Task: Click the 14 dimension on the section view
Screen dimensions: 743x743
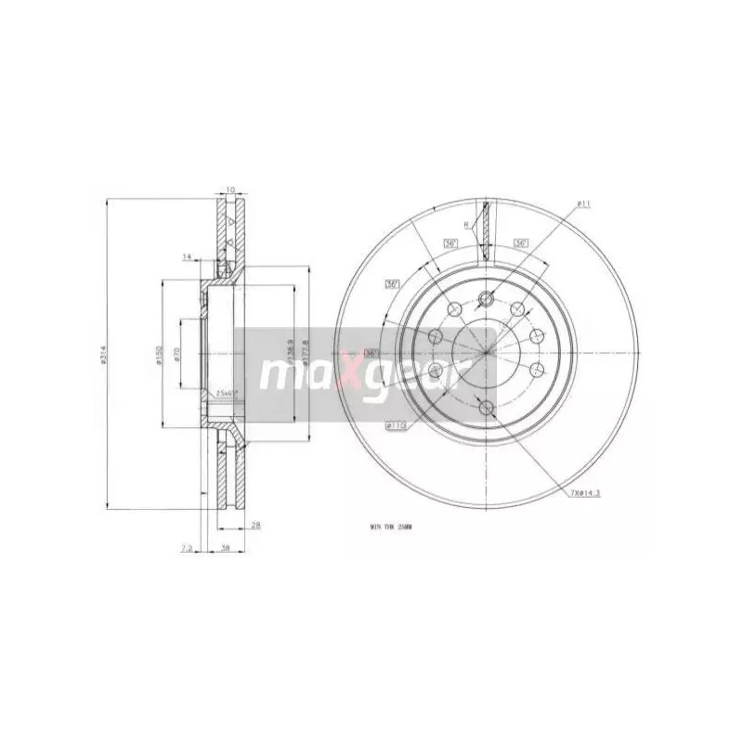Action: pyautogui.click(x=187, y=255)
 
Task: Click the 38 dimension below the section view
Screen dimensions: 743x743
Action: pyautogui.click(x=226, y=549)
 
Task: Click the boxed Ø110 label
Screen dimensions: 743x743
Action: pyautogui.click(x=398, y=425)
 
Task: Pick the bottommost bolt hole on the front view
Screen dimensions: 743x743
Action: pyautogui.click(x=486, y=405)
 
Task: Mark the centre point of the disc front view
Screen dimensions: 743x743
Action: pyautogui.click(x=486, y=352)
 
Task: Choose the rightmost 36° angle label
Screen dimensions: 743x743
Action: pyautogui.click(x=520, y=243)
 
